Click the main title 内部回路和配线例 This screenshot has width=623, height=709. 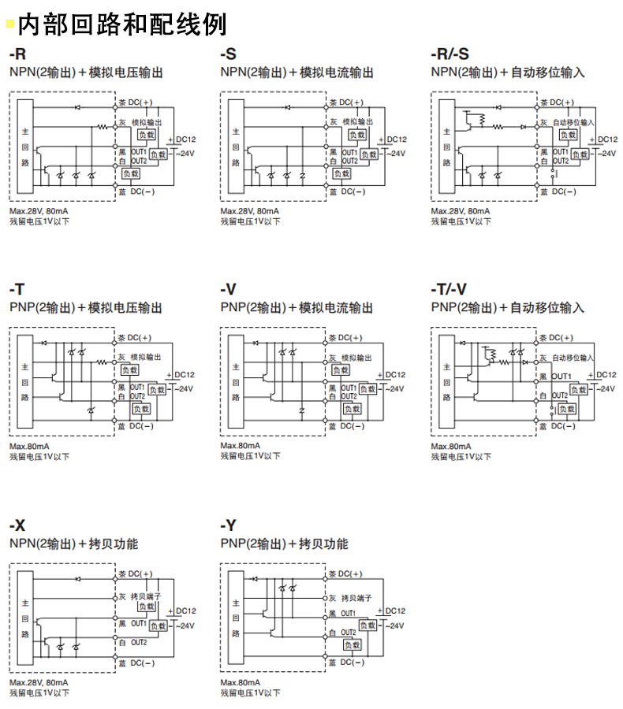122,24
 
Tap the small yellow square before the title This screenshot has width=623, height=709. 10,25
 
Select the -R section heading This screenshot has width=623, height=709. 17,54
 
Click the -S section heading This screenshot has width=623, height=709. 228,54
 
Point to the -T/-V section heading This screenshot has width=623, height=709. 449,289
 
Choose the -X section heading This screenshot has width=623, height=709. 17,525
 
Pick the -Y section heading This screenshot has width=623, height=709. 228,525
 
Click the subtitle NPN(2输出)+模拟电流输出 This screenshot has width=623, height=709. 297,72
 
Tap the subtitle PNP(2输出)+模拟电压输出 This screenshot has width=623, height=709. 86,307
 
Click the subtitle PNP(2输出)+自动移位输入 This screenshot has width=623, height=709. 508,307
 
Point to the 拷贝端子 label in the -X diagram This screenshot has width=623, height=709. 146,597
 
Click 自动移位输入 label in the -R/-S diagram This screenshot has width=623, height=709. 573,122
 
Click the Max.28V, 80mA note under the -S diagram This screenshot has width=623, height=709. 249,211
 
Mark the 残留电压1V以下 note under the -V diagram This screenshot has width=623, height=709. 251,456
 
